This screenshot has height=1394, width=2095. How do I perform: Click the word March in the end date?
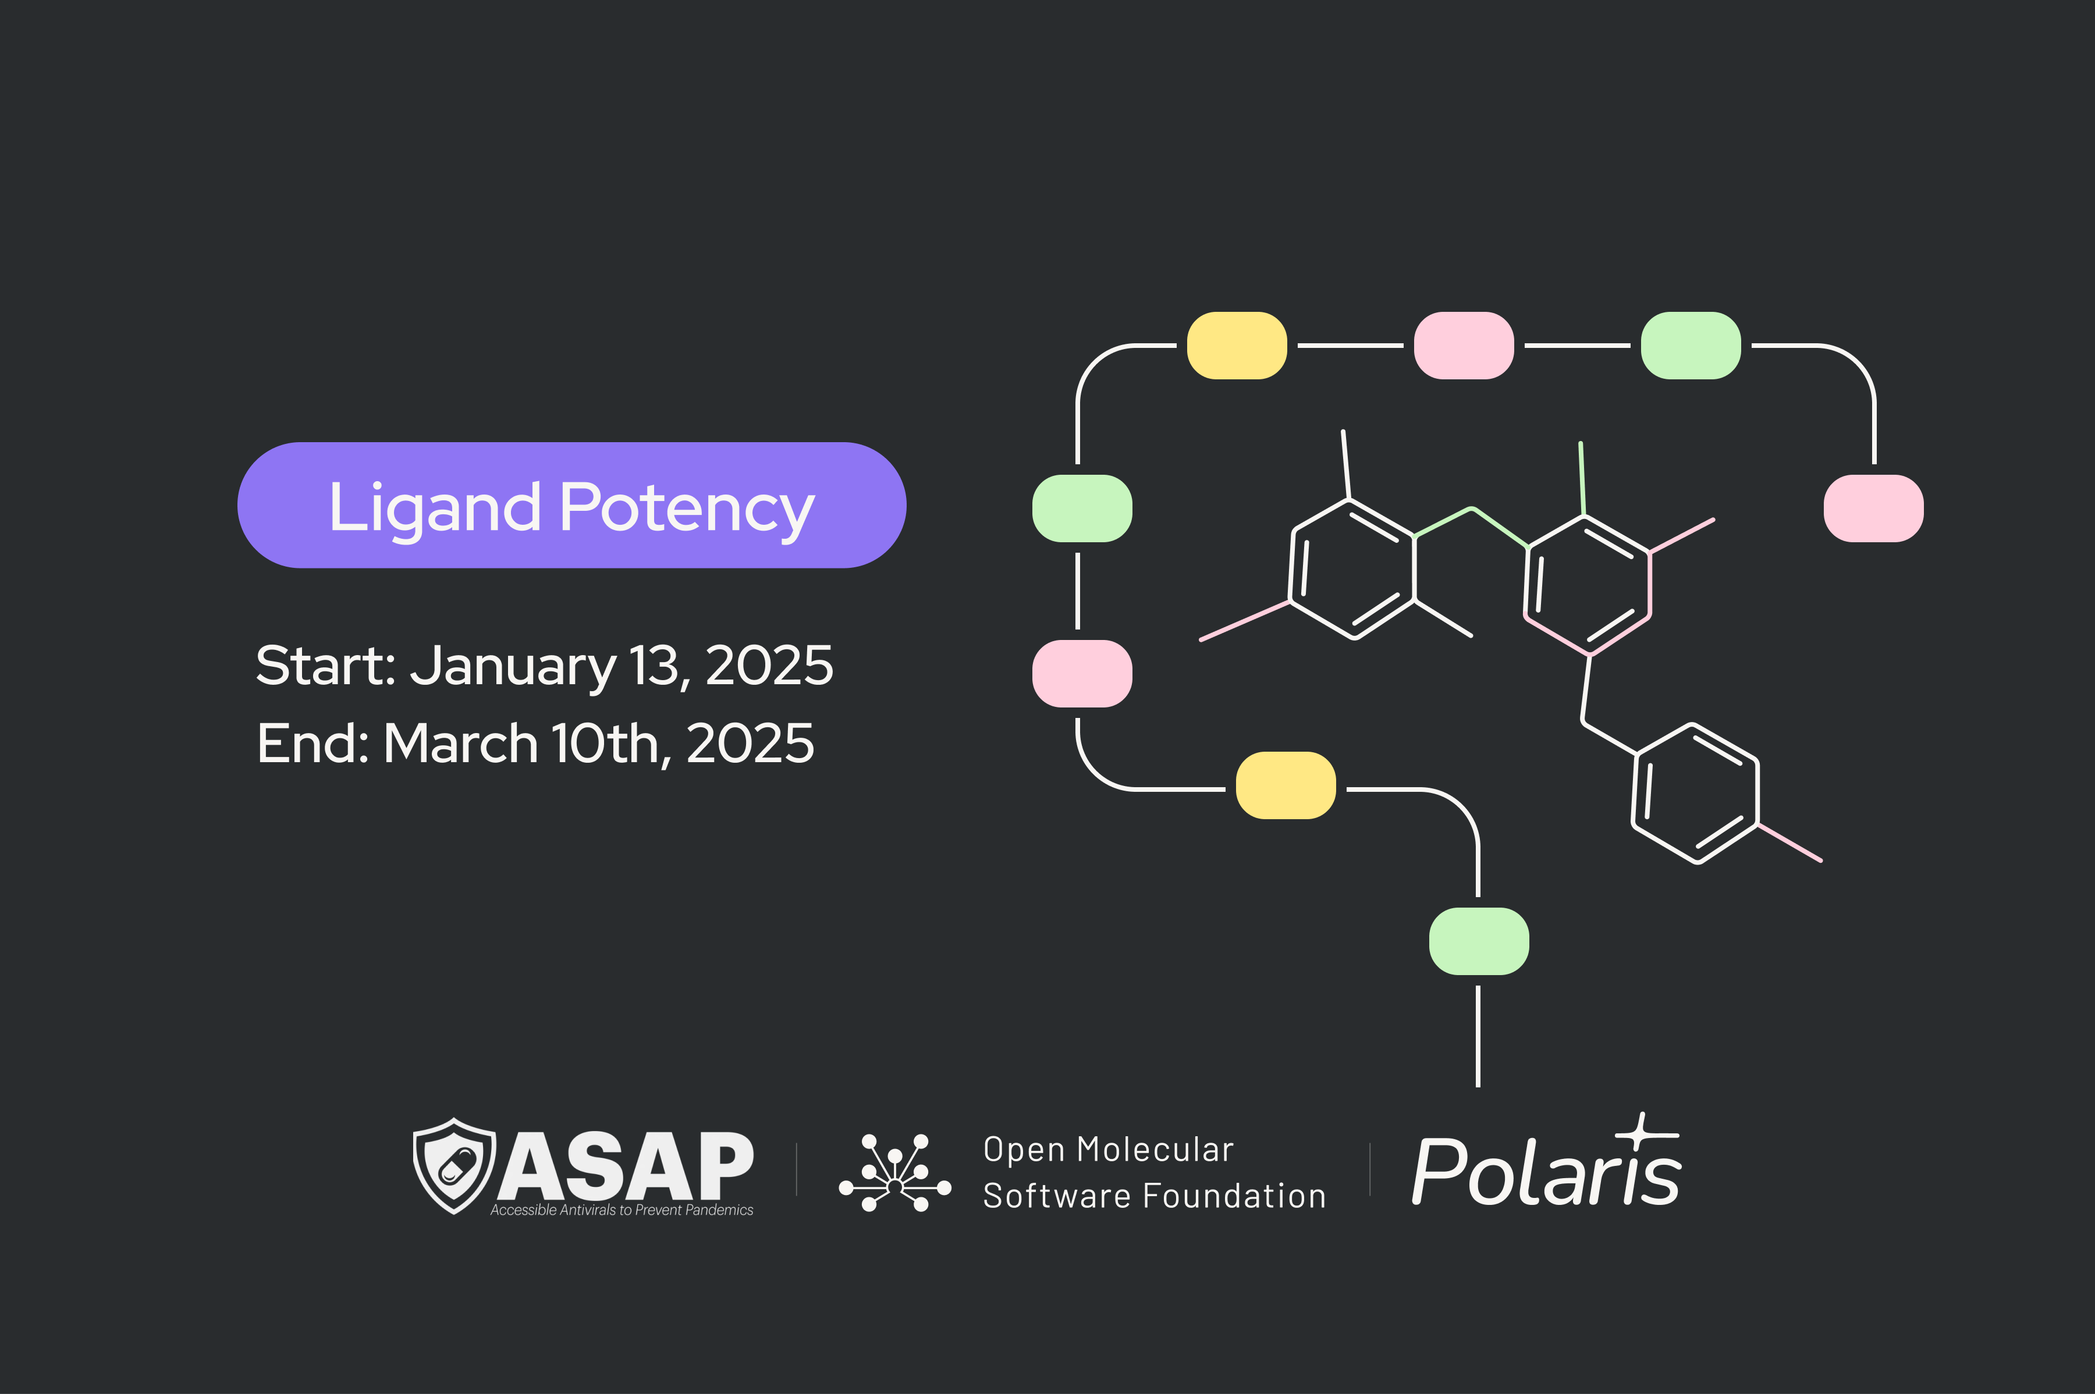point(461,743)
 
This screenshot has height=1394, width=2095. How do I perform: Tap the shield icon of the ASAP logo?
point(454,1165)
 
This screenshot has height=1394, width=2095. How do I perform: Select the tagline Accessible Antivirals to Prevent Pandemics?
point(622,1210)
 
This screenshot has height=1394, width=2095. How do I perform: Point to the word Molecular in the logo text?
point(1155,1150)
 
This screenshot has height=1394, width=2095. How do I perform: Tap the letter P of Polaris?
point(1439,1171)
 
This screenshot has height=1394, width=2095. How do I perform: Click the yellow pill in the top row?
point(1237,346)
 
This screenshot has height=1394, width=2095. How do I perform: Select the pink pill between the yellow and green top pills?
point(1464,346)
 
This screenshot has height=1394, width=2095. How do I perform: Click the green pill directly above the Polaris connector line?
point(1479,941)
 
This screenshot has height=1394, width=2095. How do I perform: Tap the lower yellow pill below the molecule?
point(1286,785)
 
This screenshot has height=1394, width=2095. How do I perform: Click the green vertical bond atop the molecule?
point(1582,478)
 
